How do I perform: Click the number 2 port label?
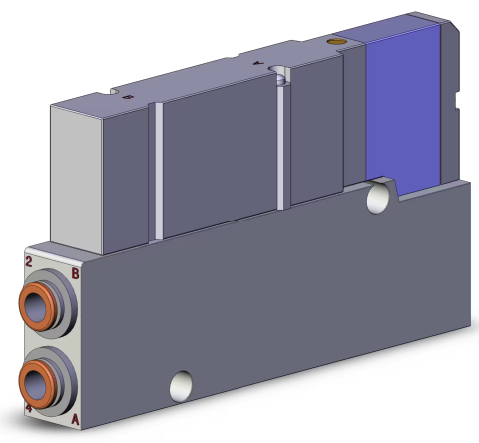point(30,262)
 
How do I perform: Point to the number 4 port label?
point(29,409)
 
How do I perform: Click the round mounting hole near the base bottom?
point(181,383)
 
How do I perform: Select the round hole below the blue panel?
point(378,198)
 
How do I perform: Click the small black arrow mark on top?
point(257,62)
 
